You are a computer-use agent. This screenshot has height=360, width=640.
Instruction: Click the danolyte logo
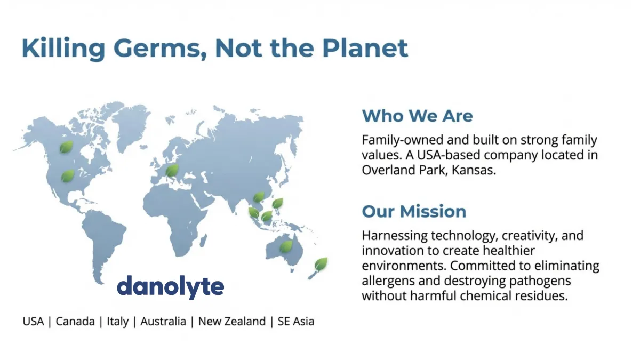click(x=171, y=287)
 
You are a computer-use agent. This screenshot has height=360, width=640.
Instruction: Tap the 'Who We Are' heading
click(x=417, y=116)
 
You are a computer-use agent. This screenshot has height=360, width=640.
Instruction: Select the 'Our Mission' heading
click(x=414, y=211)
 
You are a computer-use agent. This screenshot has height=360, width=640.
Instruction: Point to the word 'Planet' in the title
click(x=365, y=49)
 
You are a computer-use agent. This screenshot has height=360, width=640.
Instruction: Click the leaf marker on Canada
click(x=66, y=147)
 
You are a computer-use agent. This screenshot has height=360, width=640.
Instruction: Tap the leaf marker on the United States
click(x=67, y=175)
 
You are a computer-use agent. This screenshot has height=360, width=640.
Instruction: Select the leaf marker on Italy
click(x=172, y=170)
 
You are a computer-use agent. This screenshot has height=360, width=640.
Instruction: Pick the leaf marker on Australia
click(x=286, y=246)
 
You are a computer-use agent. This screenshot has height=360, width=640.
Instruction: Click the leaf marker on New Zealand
click(x=321, y=263)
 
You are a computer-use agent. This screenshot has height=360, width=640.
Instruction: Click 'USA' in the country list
click(x=33, y=322)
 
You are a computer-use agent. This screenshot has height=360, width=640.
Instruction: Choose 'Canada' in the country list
click(x=75, y=322)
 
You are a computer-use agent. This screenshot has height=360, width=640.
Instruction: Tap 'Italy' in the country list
click(x=117, y=322)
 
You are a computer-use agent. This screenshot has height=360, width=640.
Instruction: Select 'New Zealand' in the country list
click(x=232, y=322)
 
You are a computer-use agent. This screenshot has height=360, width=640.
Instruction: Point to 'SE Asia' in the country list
click(x=296, y=322)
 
